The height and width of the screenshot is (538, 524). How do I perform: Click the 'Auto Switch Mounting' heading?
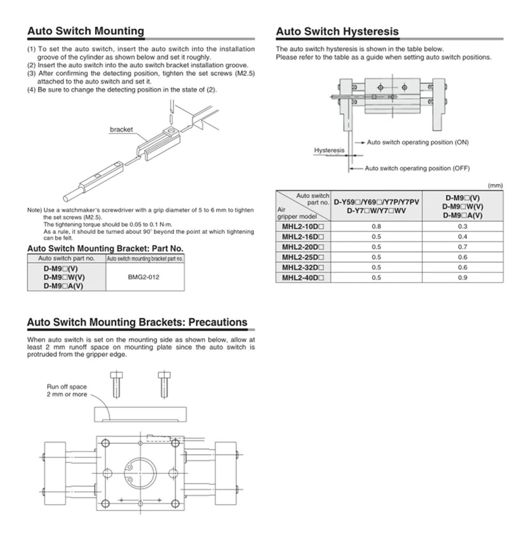point(86,31)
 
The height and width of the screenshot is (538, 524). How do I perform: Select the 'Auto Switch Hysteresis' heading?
point(337,31)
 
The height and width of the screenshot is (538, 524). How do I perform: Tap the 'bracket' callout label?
point(121,129)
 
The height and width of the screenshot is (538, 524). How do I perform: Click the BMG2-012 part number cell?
point(144,277)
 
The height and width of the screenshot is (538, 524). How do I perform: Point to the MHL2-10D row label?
point(303,227)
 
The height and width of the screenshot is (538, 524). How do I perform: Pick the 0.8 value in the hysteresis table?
point(376,227)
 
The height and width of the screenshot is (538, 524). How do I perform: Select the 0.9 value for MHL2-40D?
point(462,278)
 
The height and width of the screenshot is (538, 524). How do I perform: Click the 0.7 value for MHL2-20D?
point(462,247)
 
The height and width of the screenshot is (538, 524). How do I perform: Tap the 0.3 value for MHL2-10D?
point(462,227)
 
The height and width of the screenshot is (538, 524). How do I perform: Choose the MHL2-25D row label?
point(303,257)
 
